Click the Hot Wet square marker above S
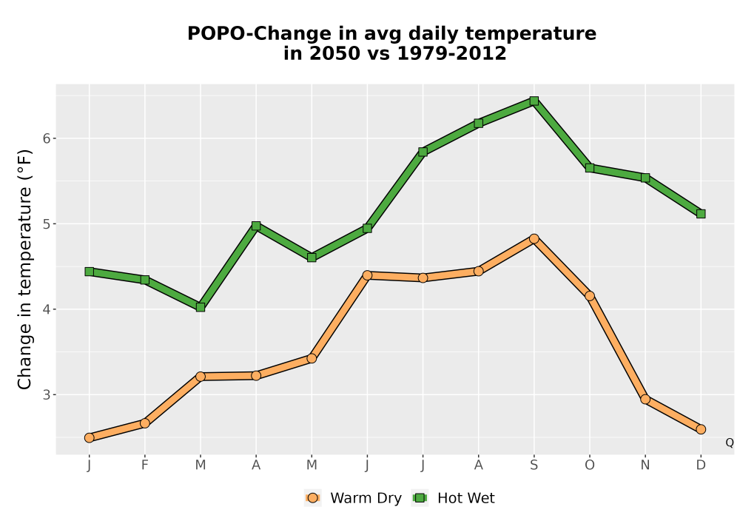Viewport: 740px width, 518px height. [x=534, y=101]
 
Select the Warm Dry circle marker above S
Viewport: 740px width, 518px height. [x=534, y=239]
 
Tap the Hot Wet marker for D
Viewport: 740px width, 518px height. [x=701, y=214]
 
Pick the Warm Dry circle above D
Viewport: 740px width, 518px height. [x=701, y=429]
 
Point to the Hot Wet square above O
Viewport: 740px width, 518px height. [x=590, y=168]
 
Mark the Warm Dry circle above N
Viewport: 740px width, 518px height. [x=645, y=399]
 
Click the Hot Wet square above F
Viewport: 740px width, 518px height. [x=145, y=280]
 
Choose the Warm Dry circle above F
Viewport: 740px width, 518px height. [x=145, y=423]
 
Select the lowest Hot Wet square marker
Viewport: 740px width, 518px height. [x=201, y=307]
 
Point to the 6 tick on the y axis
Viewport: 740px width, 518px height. [x=47, y=138]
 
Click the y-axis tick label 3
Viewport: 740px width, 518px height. [x=47, y=394]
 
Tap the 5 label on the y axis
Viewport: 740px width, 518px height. [x=47, y=223]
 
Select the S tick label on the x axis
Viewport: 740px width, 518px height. [x=534, y=465]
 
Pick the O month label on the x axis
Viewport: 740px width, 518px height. [x=590, y=465]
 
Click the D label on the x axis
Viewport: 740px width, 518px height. [x=701, y=465]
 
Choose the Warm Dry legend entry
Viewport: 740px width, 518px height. [x=353, y=498]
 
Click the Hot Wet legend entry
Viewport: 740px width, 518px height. [x=454, y=498]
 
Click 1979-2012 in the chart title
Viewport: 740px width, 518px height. [x=451, y=53]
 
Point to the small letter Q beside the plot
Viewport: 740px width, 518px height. [x=730, y=443]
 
